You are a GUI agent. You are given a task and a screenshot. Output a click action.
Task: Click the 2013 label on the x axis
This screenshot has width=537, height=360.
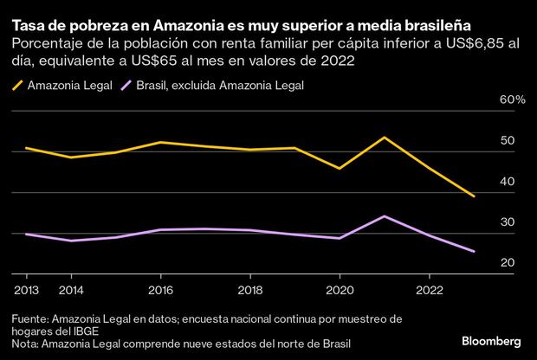pyautogui.click(x=27, y=291)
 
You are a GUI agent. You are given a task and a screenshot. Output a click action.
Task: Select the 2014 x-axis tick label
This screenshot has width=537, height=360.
pyautogui.click(x=72, y=291)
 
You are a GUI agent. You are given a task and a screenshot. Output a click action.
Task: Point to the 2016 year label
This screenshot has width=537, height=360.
pyautogui.click(x=161, y=291)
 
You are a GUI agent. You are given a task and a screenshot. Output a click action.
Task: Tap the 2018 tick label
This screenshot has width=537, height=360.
pyautogui.click(x=249, y=291)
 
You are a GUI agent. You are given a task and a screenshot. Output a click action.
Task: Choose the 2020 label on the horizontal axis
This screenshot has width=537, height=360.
pyautogui.click(x=339, y=291)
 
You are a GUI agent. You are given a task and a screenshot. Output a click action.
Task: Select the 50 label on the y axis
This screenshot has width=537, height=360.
pyautogui.click(x=508, y=141)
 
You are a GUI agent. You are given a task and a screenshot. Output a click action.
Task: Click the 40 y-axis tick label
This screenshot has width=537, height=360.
pyautogui.click(x=508, y=182)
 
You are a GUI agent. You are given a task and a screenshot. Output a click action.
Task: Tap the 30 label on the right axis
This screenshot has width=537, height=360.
pyautogui.click(x=508, y=222)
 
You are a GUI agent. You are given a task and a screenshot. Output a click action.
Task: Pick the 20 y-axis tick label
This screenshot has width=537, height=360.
pyautogui.click(x=508, y=263)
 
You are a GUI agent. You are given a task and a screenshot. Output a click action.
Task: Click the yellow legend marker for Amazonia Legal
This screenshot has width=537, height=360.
pyautogui.click(x=16, y=85)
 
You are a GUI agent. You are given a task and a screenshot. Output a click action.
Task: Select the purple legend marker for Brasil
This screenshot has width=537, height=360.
pyautogui.click(x=130, y=85)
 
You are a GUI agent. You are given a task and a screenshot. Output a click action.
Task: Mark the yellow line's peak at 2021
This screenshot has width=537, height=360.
pyautogui.click(x=384, y=138)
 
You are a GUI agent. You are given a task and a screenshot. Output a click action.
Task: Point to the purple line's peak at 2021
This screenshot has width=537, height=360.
pyautogui.click(x=384, y=216)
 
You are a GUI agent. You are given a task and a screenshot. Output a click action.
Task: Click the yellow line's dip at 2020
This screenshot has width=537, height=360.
pyautogui.click(x=339, y=168)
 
